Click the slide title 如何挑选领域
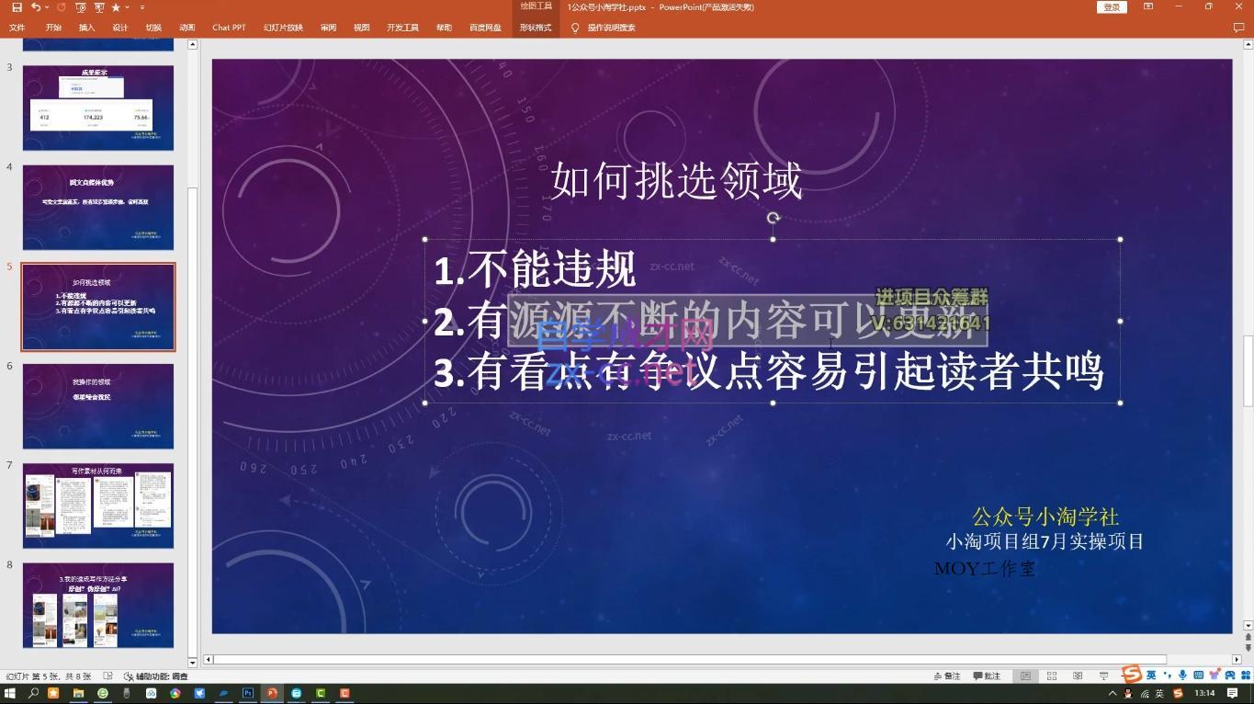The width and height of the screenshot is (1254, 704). point(676,181)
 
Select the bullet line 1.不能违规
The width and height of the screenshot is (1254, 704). point(535,269)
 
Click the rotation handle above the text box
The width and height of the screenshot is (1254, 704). point(773,218)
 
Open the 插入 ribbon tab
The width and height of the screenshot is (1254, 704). point(86,28)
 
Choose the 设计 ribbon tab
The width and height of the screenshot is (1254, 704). point(120,28)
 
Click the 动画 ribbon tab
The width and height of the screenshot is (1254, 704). point(187,28)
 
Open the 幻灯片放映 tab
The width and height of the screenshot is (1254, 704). point(283,28)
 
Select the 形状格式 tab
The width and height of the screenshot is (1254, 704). point(536,28)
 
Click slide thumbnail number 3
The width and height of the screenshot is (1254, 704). point(98,108)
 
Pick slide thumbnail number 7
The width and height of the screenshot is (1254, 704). point(98,505)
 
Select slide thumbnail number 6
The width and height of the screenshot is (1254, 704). point(98,406)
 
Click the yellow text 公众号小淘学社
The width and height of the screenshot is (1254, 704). point(1045,517)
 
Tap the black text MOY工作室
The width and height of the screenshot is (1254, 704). point(985,569)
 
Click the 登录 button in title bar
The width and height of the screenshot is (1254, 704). point(1112,7)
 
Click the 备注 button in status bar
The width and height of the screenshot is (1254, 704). point(947,676)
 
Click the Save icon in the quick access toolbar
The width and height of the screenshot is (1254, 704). point(17,7)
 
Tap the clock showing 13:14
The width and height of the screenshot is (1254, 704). point(1204,693)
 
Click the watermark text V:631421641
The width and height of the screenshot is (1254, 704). point(931,324)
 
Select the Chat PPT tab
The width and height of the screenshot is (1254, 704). point(229,28)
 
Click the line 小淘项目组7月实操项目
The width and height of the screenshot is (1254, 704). point(1045,541)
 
